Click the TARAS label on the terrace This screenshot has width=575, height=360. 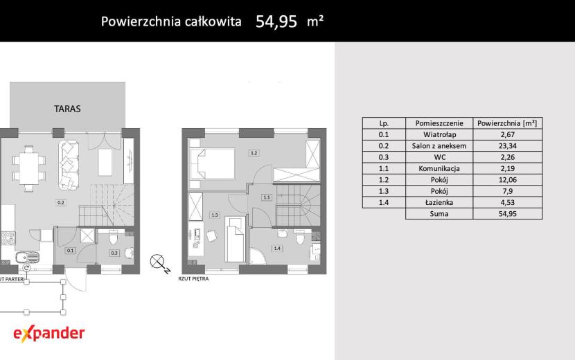tap(67, 109)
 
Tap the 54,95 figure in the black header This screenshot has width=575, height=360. tap(276, 21)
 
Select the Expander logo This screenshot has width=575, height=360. tap(48, 333)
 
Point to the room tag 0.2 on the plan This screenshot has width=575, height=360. tap(61, 202)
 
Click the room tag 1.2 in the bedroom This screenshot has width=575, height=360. tap(254, 153)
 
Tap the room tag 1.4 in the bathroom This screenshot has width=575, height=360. tap(277, 248)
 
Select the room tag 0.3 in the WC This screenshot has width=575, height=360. tap(114, 253)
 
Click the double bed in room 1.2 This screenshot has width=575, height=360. tap(212, 163)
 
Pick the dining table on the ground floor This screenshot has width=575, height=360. tap(29, 169)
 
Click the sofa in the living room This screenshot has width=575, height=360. tap(69, 165)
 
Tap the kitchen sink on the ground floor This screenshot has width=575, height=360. tap(27, 257)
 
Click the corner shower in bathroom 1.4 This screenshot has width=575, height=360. tap(258, 256)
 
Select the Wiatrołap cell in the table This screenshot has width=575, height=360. tap(439, 134)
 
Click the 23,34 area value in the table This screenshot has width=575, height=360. tap(508, 146)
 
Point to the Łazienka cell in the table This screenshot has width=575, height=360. tap(439, 202)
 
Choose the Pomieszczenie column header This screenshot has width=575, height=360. tap(439, 123)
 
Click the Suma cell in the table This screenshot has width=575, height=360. tap(439, 214)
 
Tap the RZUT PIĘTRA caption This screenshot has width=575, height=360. tap(193, 278)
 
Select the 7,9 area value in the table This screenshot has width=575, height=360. tap(508, 191)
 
